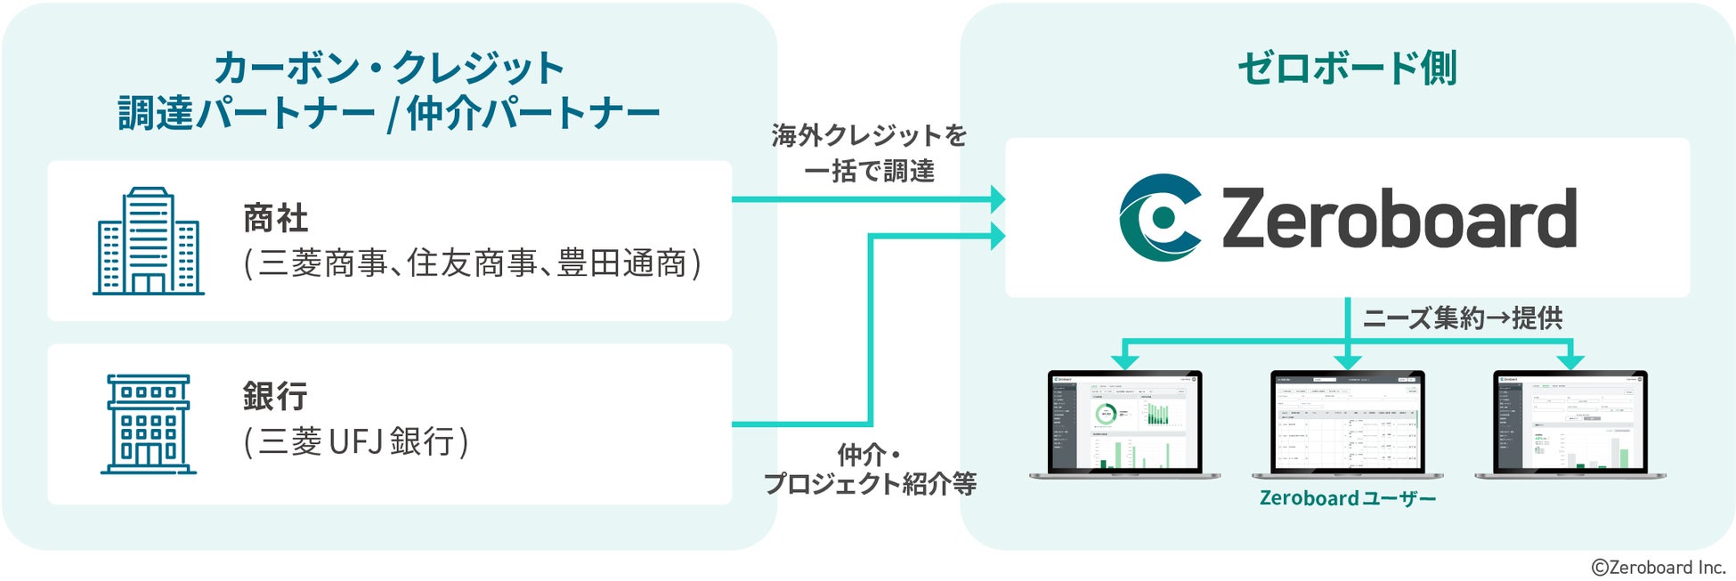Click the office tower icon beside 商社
click(149, 241)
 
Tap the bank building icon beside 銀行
click(148, 424)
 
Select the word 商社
click(275, 218)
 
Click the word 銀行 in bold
click(275, 396)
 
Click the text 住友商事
click(472, 263)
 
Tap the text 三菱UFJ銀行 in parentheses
click(356, 441)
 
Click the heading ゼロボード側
click(1347, 69)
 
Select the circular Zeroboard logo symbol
click(1160, 218)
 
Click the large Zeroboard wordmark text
click(1399, 219)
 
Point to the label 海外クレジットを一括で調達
click(869, 153)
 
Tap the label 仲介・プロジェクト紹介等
click(870, 469)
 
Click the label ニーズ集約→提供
click(1463, 318)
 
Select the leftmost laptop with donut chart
click(1125, 422)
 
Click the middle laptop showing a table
click(1347, 422)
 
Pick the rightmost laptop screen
click(1570, 422)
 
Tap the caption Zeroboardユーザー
click(1347, 498)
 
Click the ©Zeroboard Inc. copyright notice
click(1658, 567)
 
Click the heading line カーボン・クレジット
click(389, 68)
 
